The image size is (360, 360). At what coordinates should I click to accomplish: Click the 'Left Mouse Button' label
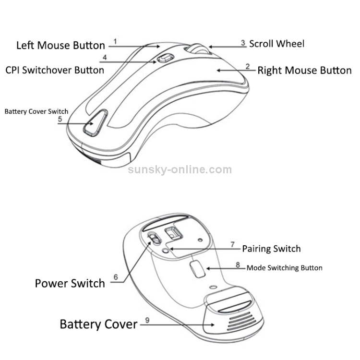pyautogui.click(x=60, y=46)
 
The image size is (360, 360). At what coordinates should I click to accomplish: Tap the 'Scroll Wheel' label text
pyautogui.click(x=276, y=44)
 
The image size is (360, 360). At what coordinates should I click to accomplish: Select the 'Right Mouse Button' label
pyautogui.click(x=304, y=71)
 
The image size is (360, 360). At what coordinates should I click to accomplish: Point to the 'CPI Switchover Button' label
pyautogui.click(x=55, y=70)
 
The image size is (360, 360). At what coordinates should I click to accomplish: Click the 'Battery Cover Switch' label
pyautogui.click(x=36, y=111)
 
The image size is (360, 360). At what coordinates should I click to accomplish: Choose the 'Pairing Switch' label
pyautogui.click(x=271, y=249)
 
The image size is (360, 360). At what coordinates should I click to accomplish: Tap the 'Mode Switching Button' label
pyautogui.click(x=284, y=268)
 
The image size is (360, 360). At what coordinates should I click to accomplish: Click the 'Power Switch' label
pyautogui.click(x=70, y=283)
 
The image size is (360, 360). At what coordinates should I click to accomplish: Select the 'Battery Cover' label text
pyautogui.click(x=98, y=324)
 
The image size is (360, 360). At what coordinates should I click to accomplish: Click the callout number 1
pyautogui.click(x=115, y=41)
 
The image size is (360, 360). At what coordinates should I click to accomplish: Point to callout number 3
pyautogui.click(x=243, y=43)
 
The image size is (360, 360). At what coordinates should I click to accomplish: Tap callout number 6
pyautogui.click(x=116, y=277)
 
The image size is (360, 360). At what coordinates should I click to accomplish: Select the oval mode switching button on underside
pyautogui.click(x=196, y=269)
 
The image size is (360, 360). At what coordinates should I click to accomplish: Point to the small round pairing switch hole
pyautogui.click(x=165, y=250)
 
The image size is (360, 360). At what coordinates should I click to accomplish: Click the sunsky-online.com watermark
pyautogui.click(x=180, y=169)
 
